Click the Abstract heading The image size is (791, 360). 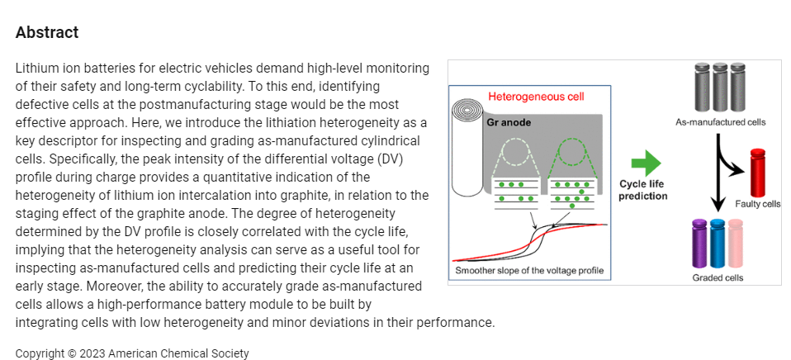coord(47,32)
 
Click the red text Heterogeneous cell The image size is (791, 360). coord(536,97)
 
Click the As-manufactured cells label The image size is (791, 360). coord(720,122)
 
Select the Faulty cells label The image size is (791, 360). coord(757,204)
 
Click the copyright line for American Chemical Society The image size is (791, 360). coord(132,353)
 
